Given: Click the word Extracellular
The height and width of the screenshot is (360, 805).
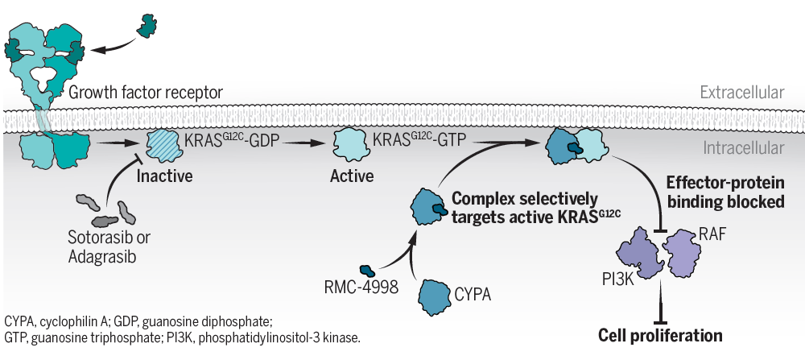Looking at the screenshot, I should click(x=741, y=93).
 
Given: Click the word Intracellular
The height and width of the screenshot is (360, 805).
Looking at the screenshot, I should click(x=742, y=149).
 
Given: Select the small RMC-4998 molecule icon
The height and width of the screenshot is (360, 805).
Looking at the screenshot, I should click(x=369, y=272).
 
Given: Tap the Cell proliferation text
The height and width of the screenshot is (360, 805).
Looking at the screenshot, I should click(x=660, y=335).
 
